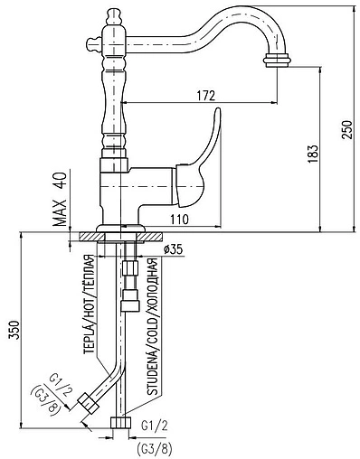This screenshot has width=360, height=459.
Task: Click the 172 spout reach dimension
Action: click(206, 96)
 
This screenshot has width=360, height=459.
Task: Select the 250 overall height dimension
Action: click(347, 130)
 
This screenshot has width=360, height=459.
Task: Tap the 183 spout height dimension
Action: click(313, 155)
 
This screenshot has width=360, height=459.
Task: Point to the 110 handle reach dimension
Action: click(179, 220)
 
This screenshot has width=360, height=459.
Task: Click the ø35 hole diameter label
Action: click(173, 249)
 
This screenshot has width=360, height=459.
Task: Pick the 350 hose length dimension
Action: click(14, 331)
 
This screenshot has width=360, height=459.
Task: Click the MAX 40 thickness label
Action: click(60, 199)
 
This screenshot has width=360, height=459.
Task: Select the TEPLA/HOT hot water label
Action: click(90, 304)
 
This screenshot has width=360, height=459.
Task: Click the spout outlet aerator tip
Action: click(278, 59)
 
